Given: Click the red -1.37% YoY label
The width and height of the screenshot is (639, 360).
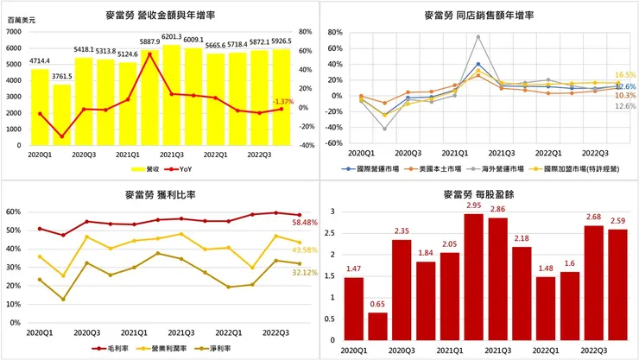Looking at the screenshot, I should click(x=283, y=102).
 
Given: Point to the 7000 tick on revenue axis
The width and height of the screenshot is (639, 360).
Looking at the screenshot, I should click(x=15, y=32).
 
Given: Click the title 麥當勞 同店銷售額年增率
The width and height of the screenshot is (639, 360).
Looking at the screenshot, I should click(x=478, y=16).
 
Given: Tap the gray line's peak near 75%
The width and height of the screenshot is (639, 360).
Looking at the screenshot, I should click(x=478, y=36).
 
